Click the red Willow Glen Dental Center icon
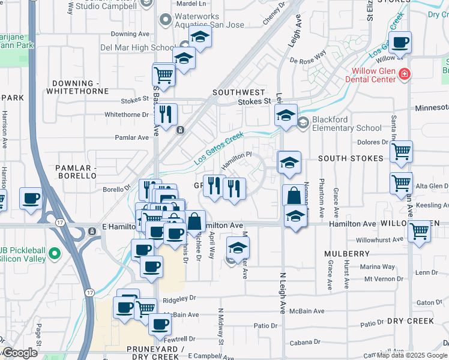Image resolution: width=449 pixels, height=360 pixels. pos(405,74)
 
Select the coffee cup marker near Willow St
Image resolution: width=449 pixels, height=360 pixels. pos(400,43)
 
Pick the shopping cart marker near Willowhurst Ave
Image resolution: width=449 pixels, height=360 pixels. pos(419,230)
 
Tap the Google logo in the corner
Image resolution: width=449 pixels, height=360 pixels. pos(20,353)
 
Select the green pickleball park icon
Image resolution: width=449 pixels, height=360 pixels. pos(55,254)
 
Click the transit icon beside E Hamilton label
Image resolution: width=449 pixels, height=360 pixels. pos(91,231)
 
